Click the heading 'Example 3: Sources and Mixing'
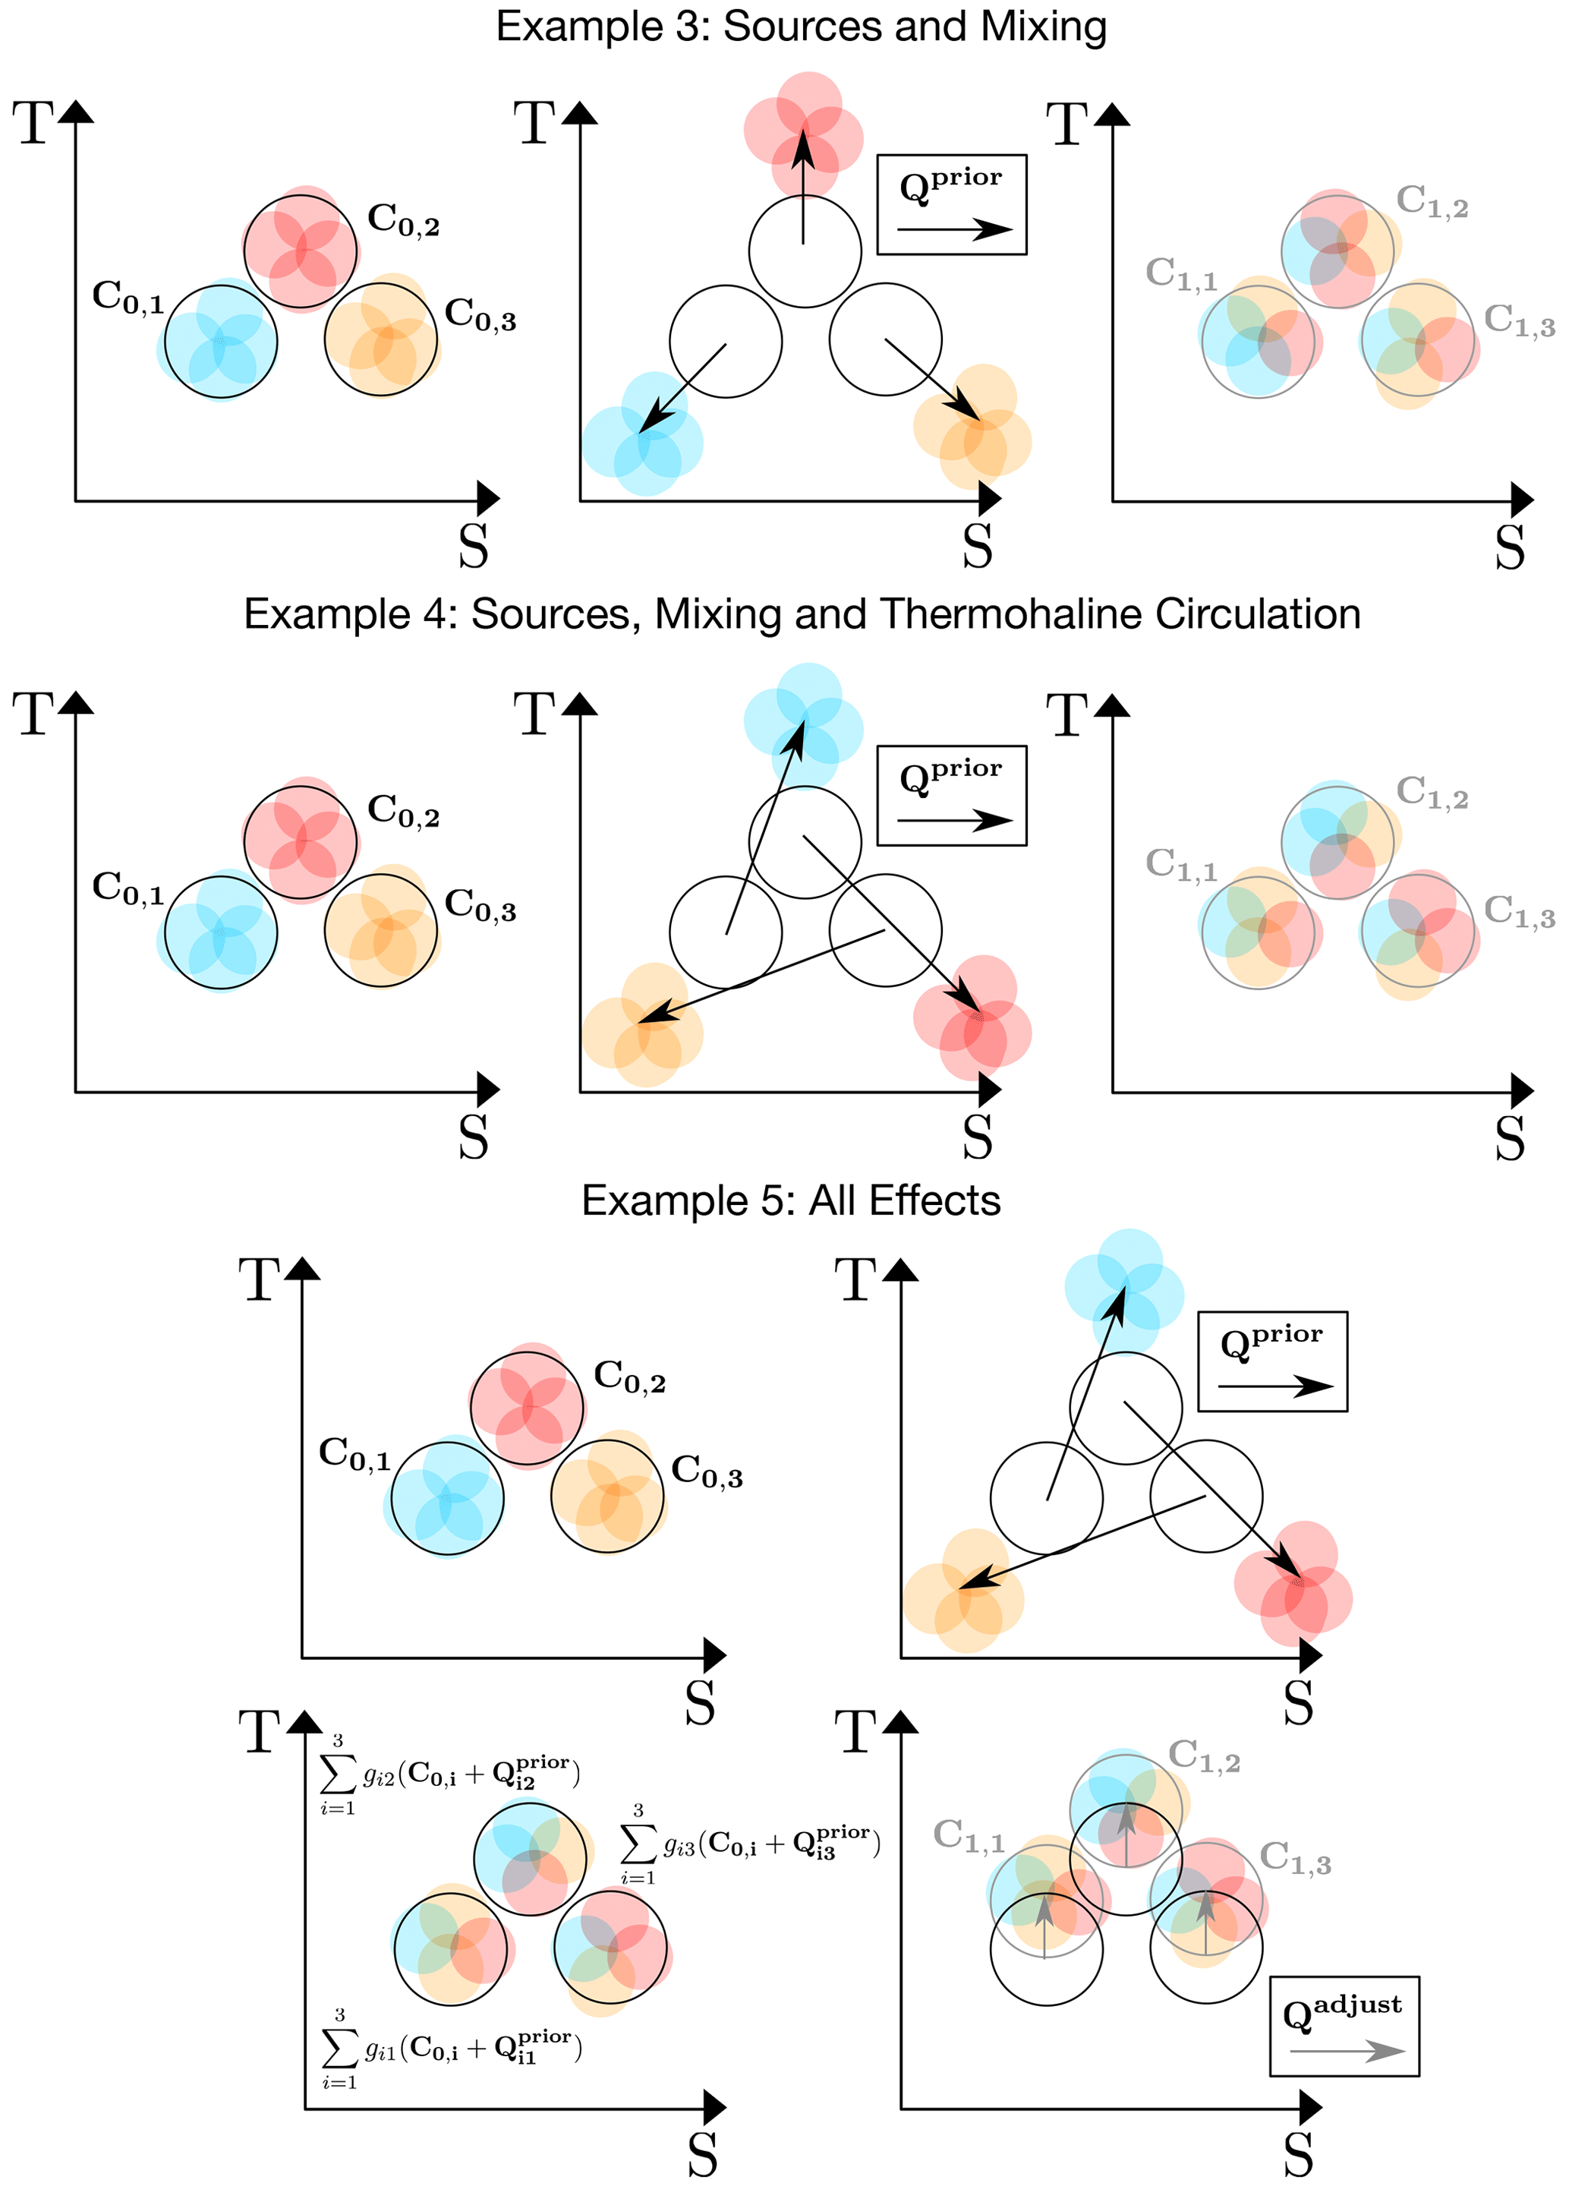click(x=800, y=27)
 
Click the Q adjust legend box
click(x=1344, y=2025)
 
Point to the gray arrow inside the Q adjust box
click(x=1347, y=2050)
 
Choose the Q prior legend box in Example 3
click(x=951, y=204)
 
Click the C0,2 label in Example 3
click(x=403, y=219)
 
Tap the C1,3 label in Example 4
click(x=1519, y=911)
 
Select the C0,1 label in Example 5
click(x=354, y=1453)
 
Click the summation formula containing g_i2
click(x=450, y=1774)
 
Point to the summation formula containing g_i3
click(x=750, y=1845)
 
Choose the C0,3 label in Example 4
click(x=480, y=905)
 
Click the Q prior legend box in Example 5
click(x=1272, y=1361)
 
